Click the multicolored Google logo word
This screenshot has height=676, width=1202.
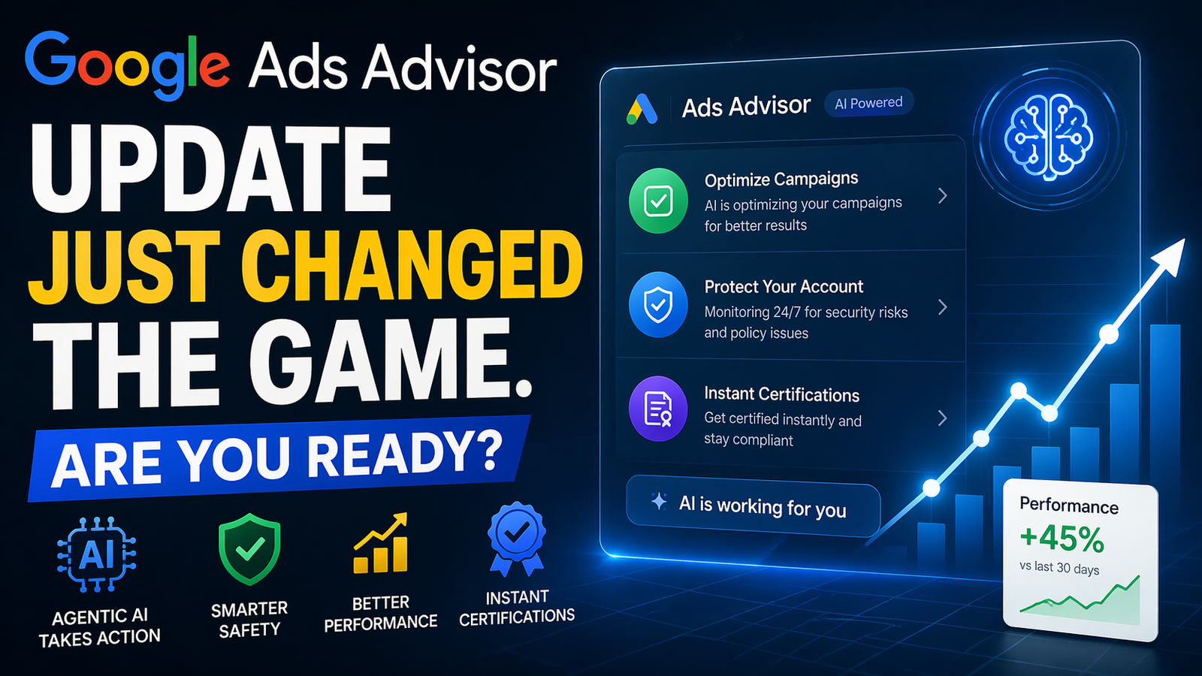tap(128, 65)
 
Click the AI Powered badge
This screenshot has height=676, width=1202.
tap(868, 102)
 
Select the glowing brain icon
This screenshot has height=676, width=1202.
tap(1049, 137)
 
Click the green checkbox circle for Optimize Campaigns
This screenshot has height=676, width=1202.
tap(658, 201)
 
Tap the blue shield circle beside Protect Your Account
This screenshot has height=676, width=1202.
tap(658, 305)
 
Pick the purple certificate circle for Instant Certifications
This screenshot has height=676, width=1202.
tap(658, 409)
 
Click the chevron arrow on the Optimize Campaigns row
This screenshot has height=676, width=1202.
tap(942, 196)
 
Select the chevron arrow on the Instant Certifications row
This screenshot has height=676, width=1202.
tap(942, 418)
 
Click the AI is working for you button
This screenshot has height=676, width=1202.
tap(753, 506)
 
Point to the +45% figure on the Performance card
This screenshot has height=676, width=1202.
tap(1062, 539)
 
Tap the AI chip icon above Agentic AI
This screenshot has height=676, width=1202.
tap(97, 555)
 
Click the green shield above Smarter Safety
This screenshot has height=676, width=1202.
tap(249, 549)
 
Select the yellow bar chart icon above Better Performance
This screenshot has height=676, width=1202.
tap(381, 543)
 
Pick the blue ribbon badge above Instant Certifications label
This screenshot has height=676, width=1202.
tap(516, 539)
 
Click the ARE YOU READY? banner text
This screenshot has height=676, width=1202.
tap(277, 459)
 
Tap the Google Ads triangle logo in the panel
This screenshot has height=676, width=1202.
tap(642, 110)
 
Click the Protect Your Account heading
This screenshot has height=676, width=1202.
tap(784, 287)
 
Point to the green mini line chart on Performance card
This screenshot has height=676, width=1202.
tap(1080, 600)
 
